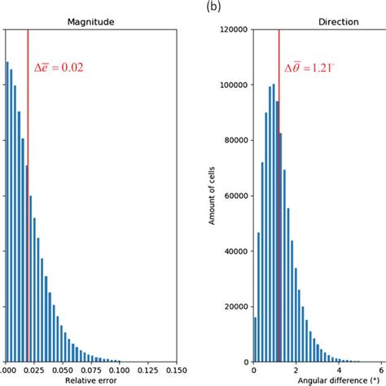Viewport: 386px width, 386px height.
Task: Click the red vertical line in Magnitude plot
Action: (28, 204)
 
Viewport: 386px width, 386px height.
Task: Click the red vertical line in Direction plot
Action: (279, 204)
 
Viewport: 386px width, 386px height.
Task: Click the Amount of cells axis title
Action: (210, 196)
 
